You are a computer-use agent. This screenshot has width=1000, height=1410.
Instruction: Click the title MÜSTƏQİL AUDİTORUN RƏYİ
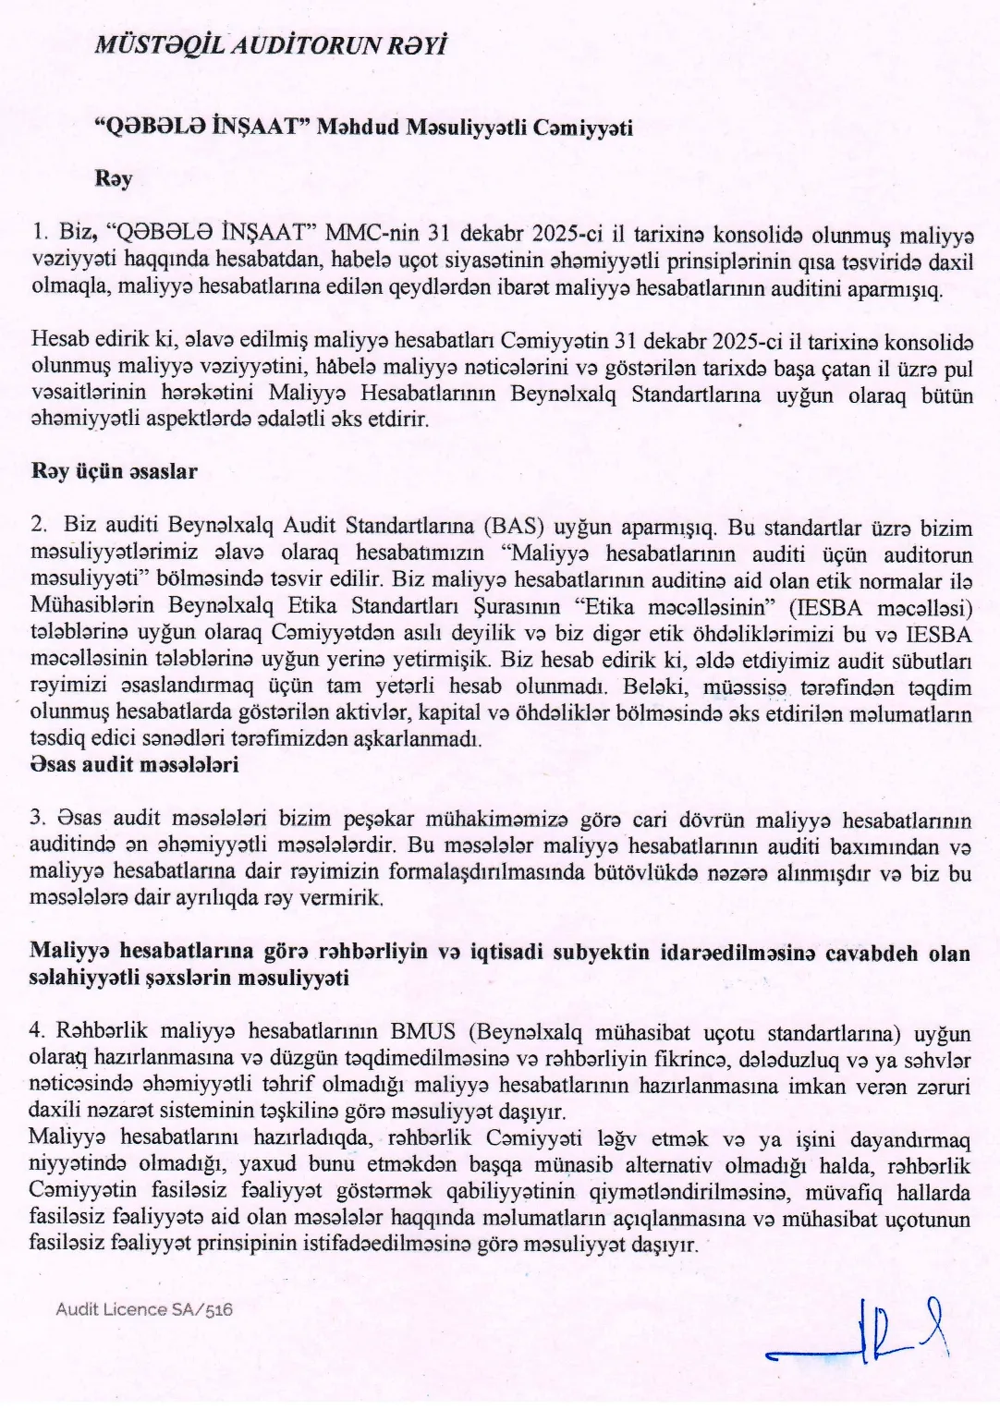pyautogui.click(x=271, y=46)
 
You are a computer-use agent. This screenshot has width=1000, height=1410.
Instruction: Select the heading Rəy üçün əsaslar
pyautogui.click(x=114, y=471)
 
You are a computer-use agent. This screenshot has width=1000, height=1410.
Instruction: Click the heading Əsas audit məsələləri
pyautogui.click(x=134, y=765)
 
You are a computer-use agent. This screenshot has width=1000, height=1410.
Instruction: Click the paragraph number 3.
pyautogui.click(x=38, y=820)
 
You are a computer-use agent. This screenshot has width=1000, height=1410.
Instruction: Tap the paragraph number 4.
pyautogui.click(x=38, y=1031)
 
